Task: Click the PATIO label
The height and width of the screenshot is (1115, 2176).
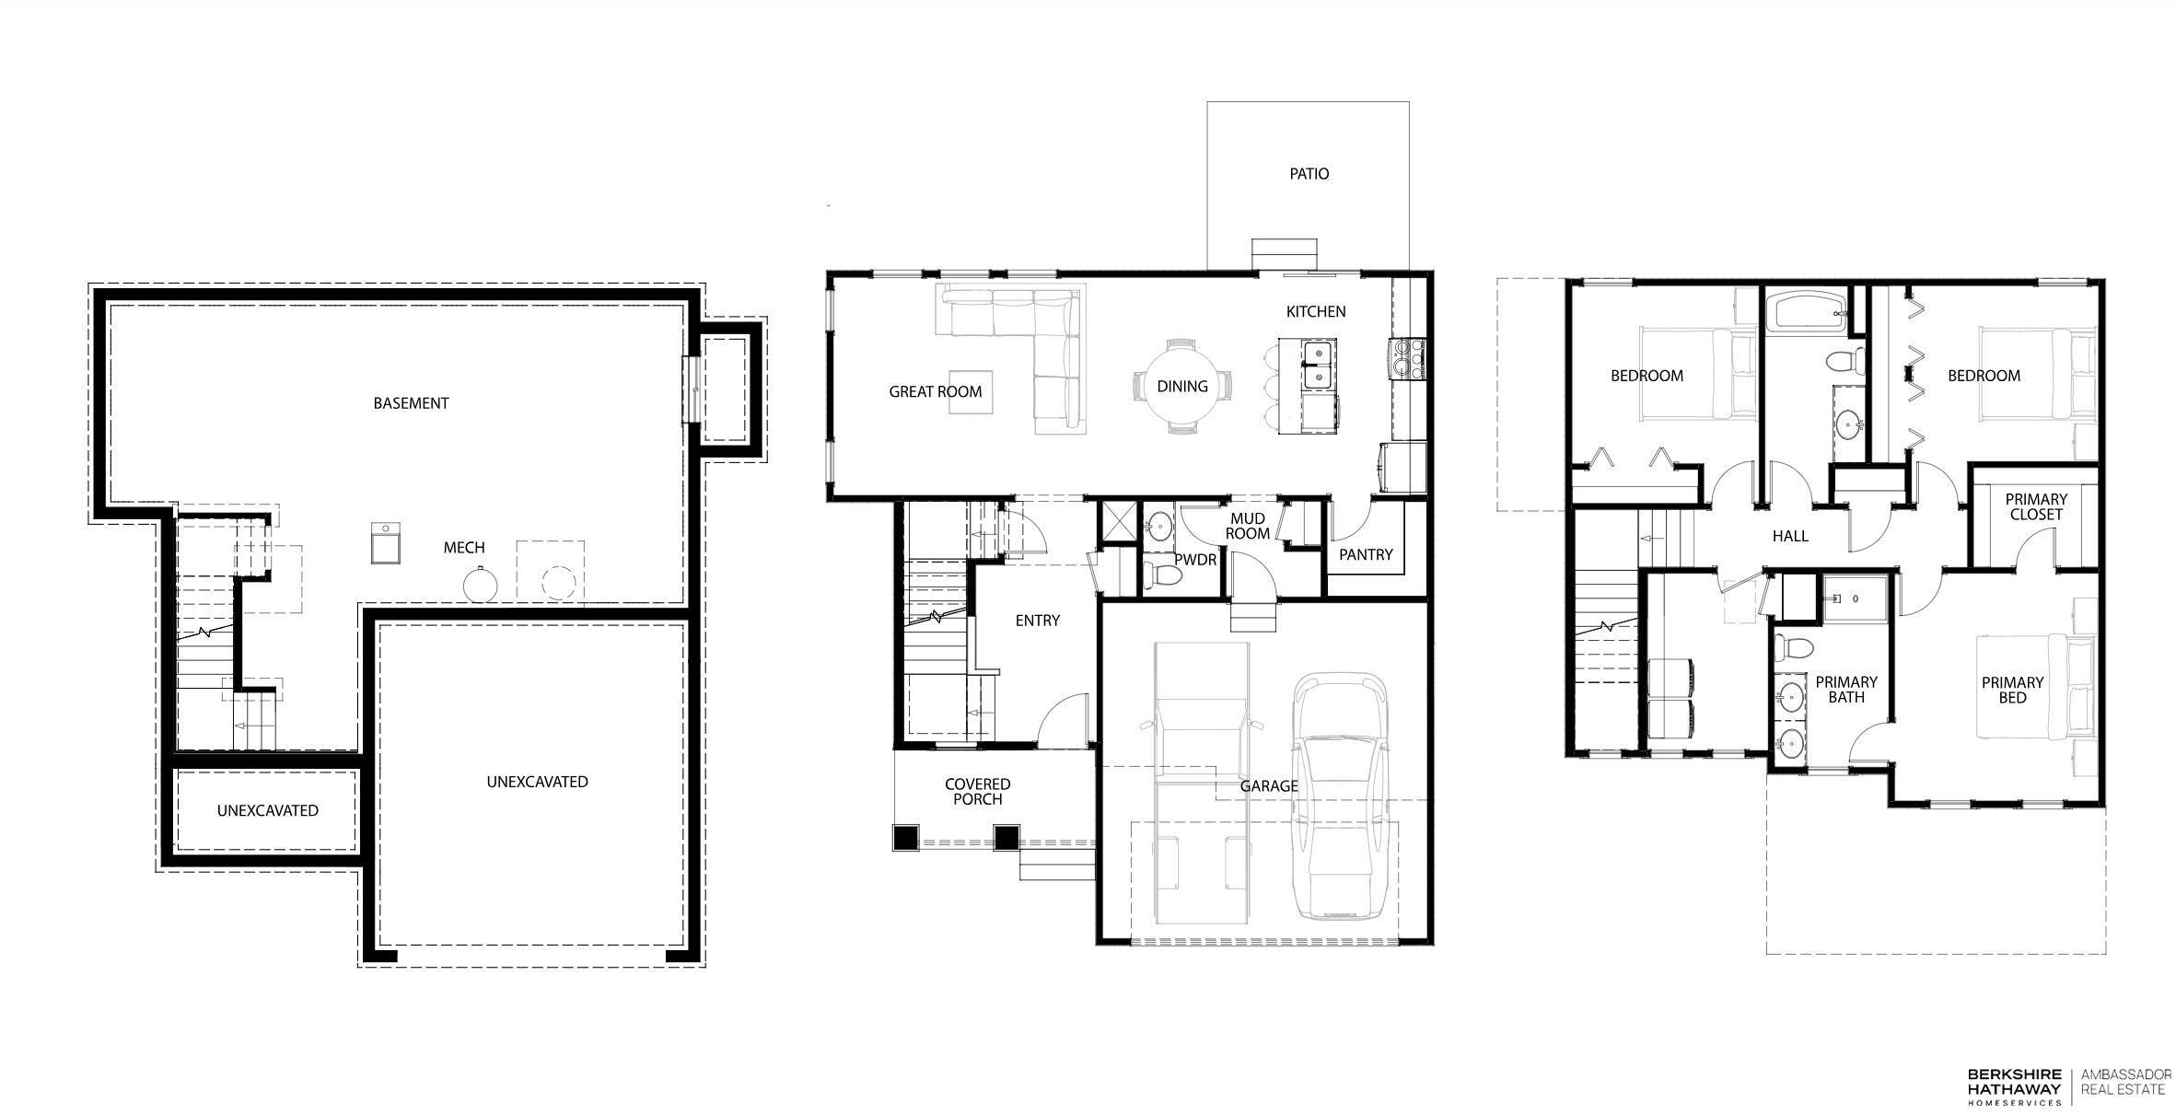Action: pyautogui.click(x=1309, y=173)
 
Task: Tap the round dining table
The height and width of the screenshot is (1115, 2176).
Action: pyautogui.click(x=1182, y=386)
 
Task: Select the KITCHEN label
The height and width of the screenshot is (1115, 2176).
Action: pyautogui.click(x=1316, y=311)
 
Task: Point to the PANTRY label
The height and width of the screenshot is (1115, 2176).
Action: pyautogui.click(x=1366, y=554)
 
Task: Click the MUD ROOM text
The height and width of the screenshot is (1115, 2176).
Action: pyautogui.click(x=1248, y=526)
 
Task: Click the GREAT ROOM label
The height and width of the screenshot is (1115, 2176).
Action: pyautogui.click(x=935, y=391)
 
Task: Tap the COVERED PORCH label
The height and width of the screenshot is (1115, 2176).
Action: pyautogui.click(x=978, y=791)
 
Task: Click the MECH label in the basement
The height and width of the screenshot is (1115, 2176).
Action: pyautogui.click(x=464, y=548)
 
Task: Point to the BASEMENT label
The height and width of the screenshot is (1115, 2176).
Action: pyautogui.click(x=411, y=403)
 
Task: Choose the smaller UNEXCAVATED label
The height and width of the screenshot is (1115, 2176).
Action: pyautogui.click(x=268, y=810)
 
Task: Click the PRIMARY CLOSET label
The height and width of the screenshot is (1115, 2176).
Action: pyautogui.click(x=2036, y=506)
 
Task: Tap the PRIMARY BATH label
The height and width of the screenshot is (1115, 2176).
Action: pyautogui.click(x=1845, y=690)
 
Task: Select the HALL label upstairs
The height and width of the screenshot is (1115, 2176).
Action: pyautogui.click(x=1790, y=536)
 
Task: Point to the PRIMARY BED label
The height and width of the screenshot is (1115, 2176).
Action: pyautogui.click(x=2012, y=690)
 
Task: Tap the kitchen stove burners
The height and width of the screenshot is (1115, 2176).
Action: pyautogui.click(x=1406, y=358)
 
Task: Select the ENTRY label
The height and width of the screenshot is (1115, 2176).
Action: pyautogui.click(x=1038, y=621)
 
